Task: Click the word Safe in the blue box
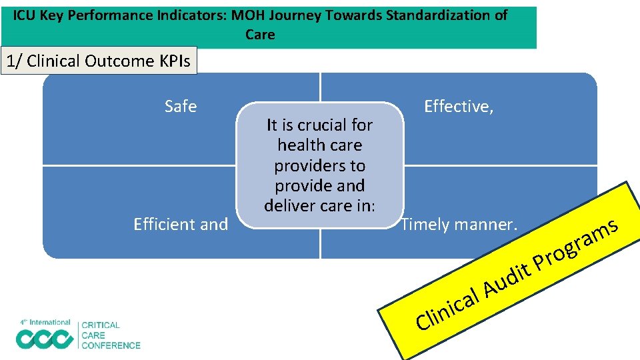coord(181,107)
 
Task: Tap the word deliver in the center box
coord(293,206)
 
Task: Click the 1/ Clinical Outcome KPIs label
coord(98,61)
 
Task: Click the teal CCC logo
coord(45,339)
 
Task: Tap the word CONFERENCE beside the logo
coord(111,345)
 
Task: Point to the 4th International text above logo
coord(45,323)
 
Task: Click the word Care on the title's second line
coord(260,35)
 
